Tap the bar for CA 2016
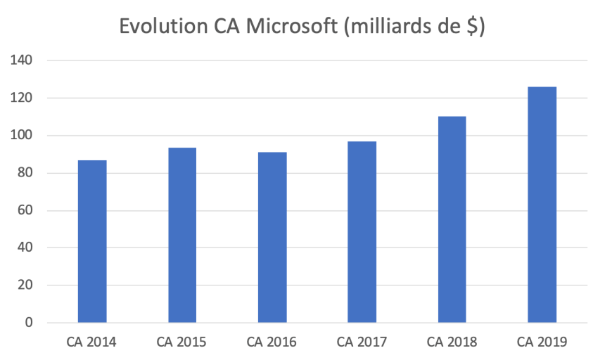tap(272, 237)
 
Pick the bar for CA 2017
tap(362, 232)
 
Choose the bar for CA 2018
tap(452, 219)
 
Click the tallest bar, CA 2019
tap(542, 205)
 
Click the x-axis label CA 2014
tap(91, 342)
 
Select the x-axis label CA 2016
tap(272, 342)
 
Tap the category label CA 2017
tap(362, 342)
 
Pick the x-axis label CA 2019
tap(542, 342)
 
